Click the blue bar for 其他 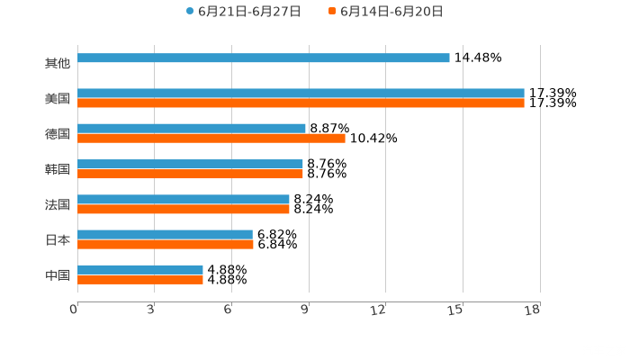264,58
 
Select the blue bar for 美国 301,93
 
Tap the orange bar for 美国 301,103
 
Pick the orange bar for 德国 211,139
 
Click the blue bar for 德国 192,128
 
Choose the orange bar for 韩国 190,174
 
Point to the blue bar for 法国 184,199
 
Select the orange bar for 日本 166,244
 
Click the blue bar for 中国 140,269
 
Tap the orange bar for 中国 140,279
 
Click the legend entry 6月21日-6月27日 243,12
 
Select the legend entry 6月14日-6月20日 386,12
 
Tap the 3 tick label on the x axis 151,309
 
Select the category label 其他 58,63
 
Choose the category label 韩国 58,169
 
